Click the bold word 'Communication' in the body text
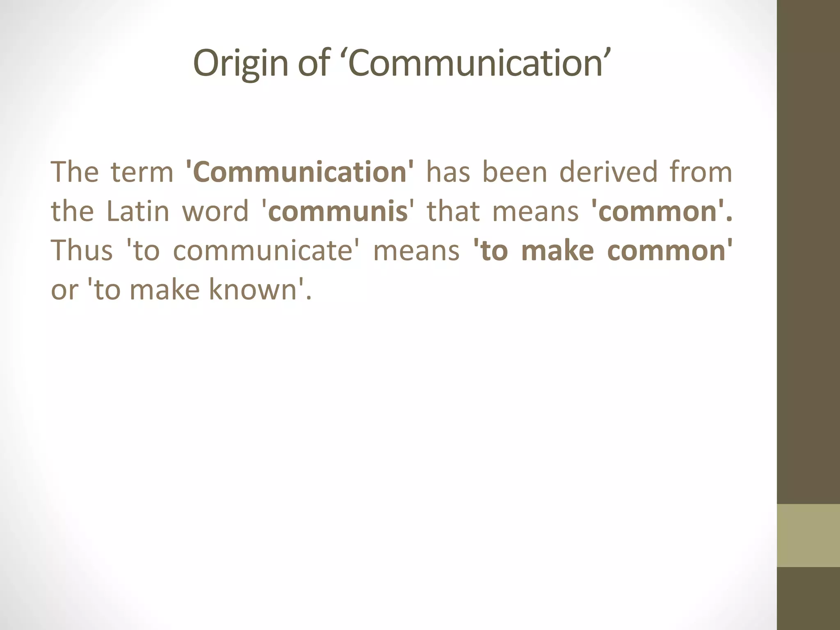tap(299, 172)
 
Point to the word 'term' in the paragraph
tap(142, 172)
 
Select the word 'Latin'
tap(138, 211)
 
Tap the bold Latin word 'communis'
tap(338, 211)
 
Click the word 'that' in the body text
tap(453, 211)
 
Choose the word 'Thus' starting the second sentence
tap(82, 251)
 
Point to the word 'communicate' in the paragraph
tap(263, 251)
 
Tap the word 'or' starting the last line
tap(64, 290)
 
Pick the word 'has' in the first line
tap(448, 172)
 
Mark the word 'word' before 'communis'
tap(215, 211)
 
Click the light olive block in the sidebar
tap(808, 535)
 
